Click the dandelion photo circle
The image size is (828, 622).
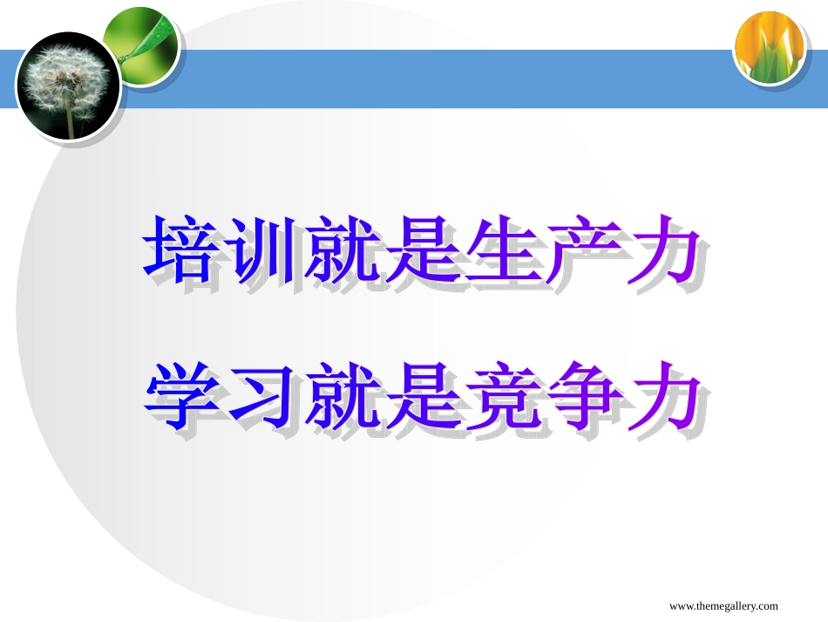point(67,85)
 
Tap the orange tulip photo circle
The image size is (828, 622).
point(769,47)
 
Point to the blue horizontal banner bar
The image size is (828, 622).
point(436,79)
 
